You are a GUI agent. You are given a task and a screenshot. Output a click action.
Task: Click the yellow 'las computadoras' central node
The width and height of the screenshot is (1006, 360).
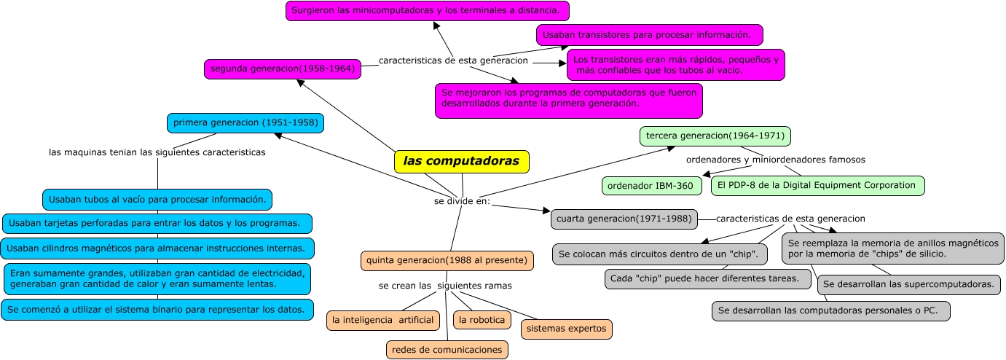pos(462,161)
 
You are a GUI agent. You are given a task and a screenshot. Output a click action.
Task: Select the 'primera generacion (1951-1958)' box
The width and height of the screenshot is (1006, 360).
pos(245,123)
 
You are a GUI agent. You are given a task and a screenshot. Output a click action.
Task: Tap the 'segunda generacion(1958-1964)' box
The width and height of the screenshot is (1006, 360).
pos(283,69)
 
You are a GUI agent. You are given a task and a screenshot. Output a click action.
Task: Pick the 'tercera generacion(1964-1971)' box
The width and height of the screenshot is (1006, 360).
pos(715,136)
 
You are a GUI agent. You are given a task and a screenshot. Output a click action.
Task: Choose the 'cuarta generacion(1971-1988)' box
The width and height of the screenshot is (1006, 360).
pos(624,219)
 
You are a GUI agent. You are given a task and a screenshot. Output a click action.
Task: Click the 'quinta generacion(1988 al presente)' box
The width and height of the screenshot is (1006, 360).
pos(447,260)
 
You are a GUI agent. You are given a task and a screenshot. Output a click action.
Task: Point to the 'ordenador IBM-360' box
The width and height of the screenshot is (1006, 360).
pos(652,186)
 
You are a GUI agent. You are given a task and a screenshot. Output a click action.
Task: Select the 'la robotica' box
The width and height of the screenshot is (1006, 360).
pos(482,319)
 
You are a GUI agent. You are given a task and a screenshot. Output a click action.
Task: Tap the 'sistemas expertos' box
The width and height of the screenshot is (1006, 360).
pos(566,329)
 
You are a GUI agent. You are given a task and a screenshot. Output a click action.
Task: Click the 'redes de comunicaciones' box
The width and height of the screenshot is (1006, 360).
pos(447,350)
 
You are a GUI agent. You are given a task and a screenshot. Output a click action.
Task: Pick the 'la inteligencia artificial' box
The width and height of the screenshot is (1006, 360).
pos(382,319)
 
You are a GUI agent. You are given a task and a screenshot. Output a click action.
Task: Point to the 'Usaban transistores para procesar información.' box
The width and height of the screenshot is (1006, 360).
pos(649,34)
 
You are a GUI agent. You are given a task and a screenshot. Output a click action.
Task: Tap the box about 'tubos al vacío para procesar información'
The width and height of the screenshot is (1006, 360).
pos(157,198)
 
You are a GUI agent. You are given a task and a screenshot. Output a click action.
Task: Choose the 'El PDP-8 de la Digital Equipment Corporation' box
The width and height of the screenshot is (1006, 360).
pos(817,185)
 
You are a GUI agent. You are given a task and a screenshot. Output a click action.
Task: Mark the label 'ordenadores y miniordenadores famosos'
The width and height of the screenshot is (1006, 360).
pos(775,160)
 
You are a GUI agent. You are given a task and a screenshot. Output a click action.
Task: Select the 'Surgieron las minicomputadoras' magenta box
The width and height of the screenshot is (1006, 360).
pos(426,11)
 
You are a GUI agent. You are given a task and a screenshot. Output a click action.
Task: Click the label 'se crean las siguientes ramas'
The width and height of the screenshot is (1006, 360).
pos(444,286)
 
